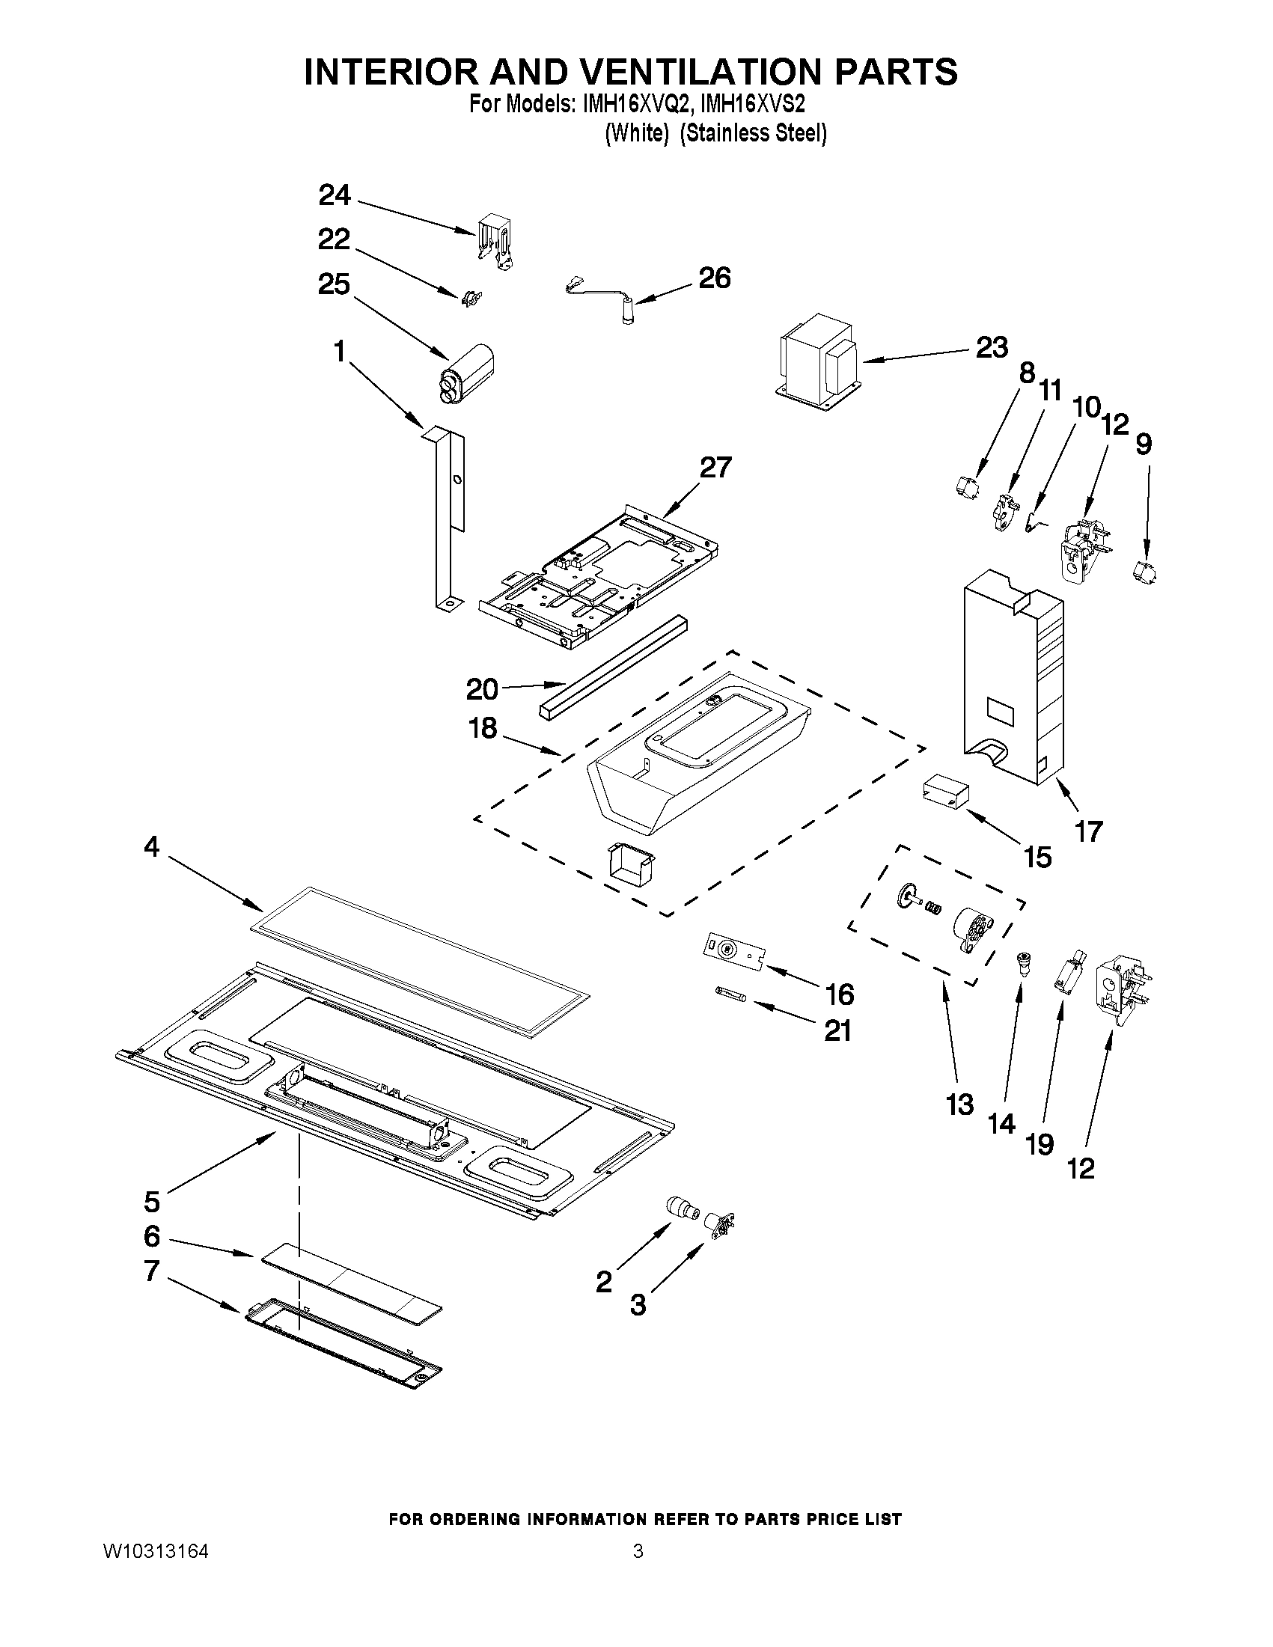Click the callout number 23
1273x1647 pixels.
point(991,348)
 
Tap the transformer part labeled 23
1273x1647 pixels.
point(819,361)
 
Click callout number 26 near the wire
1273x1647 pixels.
point(714,278)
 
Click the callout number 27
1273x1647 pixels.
point(715,468)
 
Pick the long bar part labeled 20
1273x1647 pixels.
point(611,667)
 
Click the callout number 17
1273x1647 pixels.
point(1088,831)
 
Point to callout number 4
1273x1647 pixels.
point(152,847)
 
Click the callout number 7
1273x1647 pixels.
point(152,1271)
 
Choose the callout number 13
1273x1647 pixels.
point(959,1105)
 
